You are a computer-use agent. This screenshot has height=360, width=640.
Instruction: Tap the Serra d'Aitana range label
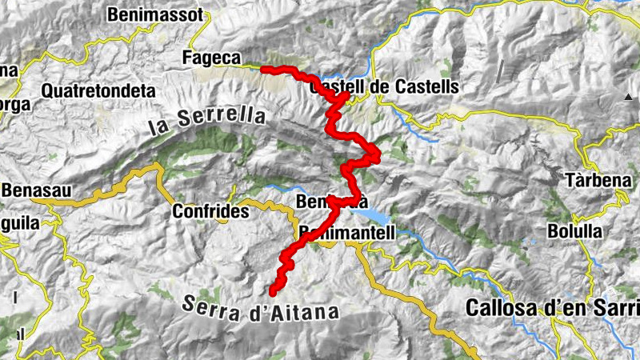click(x=261, y=309)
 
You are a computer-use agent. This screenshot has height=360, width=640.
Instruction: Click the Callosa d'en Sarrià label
click(x=552, y=306)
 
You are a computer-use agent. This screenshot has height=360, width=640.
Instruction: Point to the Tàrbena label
click(x=598, y=180)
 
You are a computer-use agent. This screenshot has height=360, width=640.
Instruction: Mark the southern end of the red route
click(x=272, y=292)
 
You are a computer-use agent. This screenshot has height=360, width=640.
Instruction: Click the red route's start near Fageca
click(x=264, y=70)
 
